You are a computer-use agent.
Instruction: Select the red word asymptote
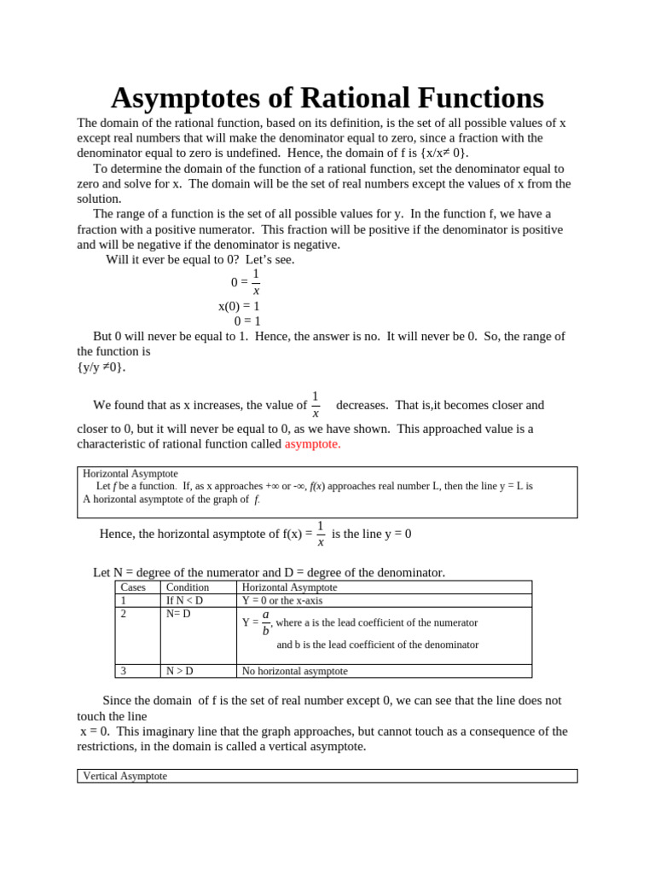coord(312,444)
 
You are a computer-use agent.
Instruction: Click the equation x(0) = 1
coord(239,306)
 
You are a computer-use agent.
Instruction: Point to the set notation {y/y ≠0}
coord(101,367)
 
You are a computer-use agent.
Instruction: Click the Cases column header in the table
coord(133,587)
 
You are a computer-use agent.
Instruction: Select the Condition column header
coord(187,587)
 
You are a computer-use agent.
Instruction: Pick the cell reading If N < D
coord(184,600)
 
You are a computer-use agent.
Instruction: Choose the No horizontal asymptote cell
coord(294,671)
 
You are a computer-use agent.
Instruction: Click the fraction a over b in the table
coord(265,622)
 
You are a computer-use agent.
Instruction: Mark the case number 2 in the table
coord(125,613)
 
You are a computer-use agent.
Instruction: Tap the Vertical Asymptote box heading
coord(125,776)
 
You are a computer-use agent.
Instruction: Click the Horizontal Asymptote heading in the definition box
coord(130,473)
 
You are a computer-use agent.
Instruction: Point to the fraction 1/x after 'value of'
coord(316,405)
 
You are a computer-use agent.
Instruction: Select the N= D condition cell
coord(179,613)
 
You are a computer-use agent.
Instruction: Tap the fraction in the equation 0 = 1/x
coord(256,282)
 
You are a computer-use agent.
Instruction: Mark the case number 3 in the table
coord(125,671)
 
